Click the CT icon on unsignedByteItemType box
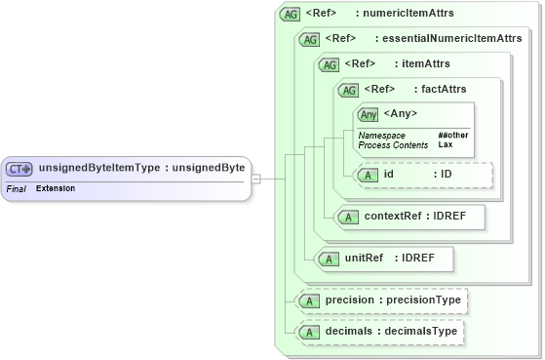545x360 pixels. coord(20,168)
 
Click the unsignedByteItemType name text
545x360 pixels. coord(98,168)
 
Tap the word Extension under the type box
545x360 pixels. coord(56,187)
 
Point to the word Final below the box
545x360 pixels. coord(16,187)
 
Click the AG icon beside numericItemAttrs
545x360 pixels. coord(290,14)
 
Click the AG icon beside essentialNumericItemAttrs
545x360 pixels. coord(309,39)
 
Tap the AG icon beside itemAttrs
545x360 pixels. coord(329,64)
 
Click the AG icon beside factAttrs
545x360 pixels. coord(348,90)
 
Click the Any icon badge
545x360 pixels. coord(368,115)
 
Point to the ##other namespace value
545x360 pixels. coord(453,135)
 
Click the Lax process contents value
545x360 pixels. coord(445,144)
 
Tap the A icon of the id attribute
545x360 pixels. coord(369,175)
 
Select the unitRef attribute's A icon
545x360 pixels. coord(330,259)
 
